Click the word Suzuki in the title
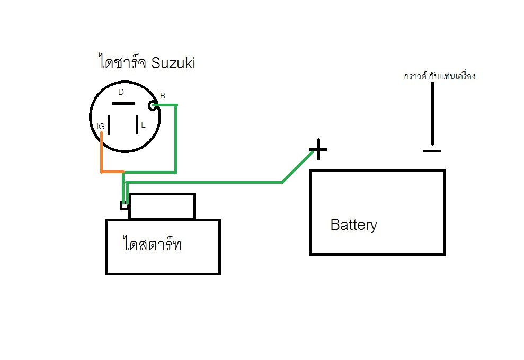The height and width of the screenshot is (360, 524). [x=173, y=64]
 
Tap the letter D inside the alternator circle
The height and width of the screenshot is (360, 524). [x=121, y=92]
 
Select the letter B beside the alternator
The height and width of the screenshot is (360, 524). [x=163, y=96]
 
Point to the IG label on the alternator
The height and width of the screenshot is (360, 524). [x=101, y=126]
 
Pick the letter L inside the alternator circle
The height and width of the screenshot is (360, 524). [x=143, y=126]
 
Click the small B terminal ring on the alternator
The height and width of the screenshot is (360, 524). [x=154, y=106]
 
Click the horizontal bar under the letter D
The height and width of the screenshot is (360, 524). [x=123, y=104]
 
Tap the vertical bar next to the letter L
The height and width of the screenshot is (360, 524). [x=136, y=125]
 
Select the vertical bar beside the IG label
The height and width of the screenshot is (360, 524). [x=110, y=125]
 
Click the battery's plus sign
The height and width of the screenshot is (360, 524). [x=318, y=149]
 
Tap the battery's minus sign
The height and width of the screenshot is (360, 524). [x=432, y=151]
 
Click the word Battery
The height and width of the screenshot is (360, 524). [x=353, y=224]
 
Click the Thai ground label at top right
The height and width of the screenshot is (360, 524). [x=439, y=76]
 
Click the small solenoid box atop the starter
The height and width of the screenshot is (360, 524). [x=162, y=206]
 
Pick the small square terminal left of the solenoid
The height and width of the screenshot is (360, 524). [x=124, y=205]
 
